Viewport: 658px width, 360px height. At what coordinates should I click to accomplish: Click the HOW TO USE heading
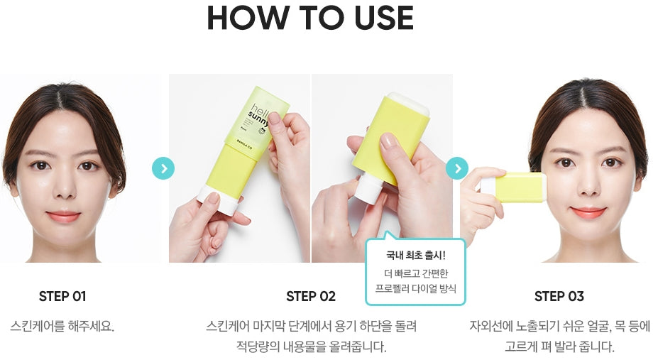pos(310,18)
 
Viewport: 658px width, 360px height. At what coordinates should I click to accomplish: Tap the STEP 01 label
pos(62,297)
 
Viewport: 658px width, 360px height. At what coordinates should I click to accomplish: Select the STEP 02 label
pos(311,297)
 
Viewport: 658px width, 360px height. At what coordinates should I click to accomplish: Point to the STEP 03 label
pos(559,297)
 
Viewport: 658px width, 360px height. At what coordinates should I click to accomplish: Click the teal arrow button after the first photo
pos(163,168)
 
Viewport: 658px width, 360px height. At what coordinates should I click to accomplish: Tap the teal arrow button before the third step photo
pos(457,168)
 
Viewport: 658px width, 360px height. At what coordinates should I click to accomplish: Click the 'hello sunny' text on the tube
pos(259,114)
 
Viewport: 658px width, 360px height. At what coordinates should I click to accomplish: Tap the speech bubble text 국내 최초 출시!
pos(415,255)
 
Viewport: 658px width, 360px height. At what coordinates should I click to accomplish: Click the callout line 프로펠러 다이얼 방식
pos(415,289)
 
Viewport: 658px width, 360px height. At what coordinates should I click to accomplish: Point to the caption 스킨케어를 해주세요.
pos(62,326)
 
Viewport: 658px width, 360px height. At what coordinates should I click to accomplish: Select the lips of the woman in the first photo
pos(63,216)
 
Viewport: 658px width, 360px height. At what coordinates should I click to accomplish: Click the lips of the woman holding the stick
pos(588,212)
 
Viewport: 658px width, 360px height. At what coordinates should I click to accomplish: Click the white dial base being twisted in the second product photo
pos(368,190)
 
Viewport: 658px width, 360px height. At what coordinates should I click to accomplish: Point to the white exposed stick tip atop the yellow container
pos(408,103)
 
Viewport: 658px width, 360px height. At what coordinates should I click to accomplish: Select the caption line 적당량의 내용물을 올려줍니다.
pos(311,347)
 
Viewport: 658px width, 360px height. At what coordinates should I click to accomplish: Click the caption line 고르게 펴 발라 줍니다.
pos(559,347)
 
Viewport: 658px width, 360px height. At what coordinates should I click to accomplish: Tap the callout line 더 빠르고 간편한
pos(415,273)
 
